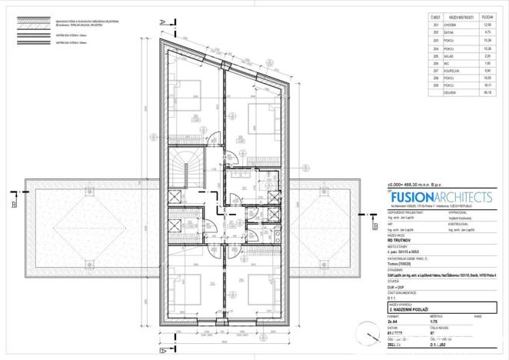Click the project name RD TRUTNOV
tap(398, 239)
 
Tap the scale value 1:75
tap(433, 322)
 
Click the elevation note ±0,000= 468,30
tap(412, 185)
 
